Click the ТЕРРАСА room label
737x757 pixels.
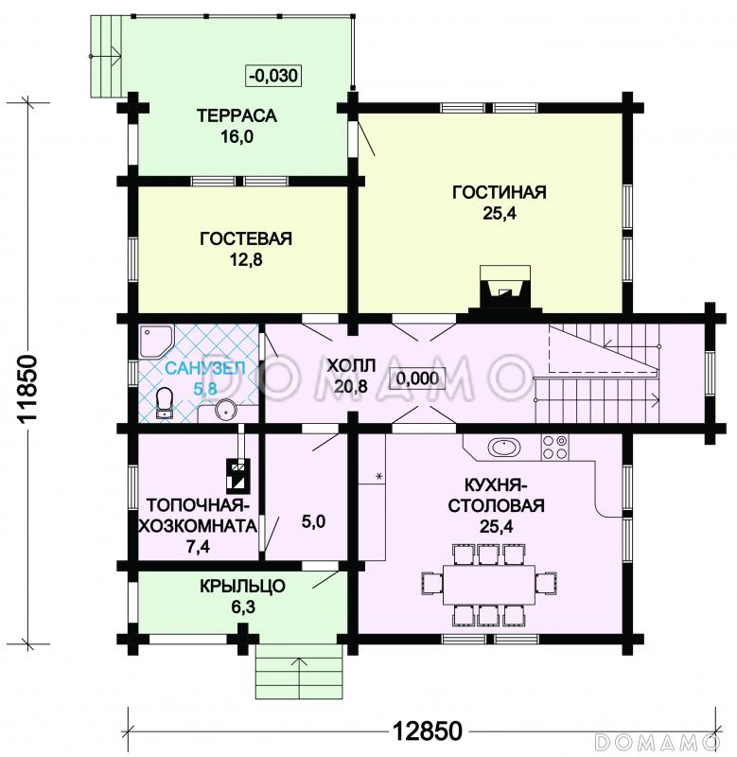point(237,115)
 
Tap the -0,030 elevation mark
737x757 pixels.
point(274,76)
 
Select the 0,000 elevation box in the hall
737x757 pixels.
point(417,378)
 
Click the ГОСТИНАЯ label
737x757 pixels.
point(499,192)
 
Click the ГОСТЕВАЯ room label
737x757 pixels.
point(246,239)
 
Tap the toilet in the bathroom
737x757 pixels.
point(165,402)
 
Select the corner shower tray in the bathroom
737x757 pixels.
point(155,342)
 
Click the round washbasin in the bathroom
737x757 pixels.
point(225,411)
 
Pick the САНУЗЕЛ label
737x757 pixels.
point(205,368)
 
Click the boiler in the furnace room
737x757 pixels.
point(238,475)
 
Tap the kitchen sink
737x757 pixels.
point(504,447)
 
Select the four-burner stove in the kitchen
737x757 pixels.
point(554,447)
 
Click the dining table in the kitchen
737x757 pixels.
point(489,584)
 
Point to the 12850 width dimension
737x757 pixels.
point(426,731)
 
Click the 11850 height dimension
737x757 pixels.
point(27,389)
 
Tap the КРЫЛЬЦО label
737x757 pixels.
point(243,586)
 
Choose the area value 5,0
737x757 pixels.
point(313,522)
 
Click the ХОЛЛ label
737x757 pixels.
point(351,365)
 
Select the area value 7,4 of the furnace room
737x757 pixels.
point(198,547)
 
